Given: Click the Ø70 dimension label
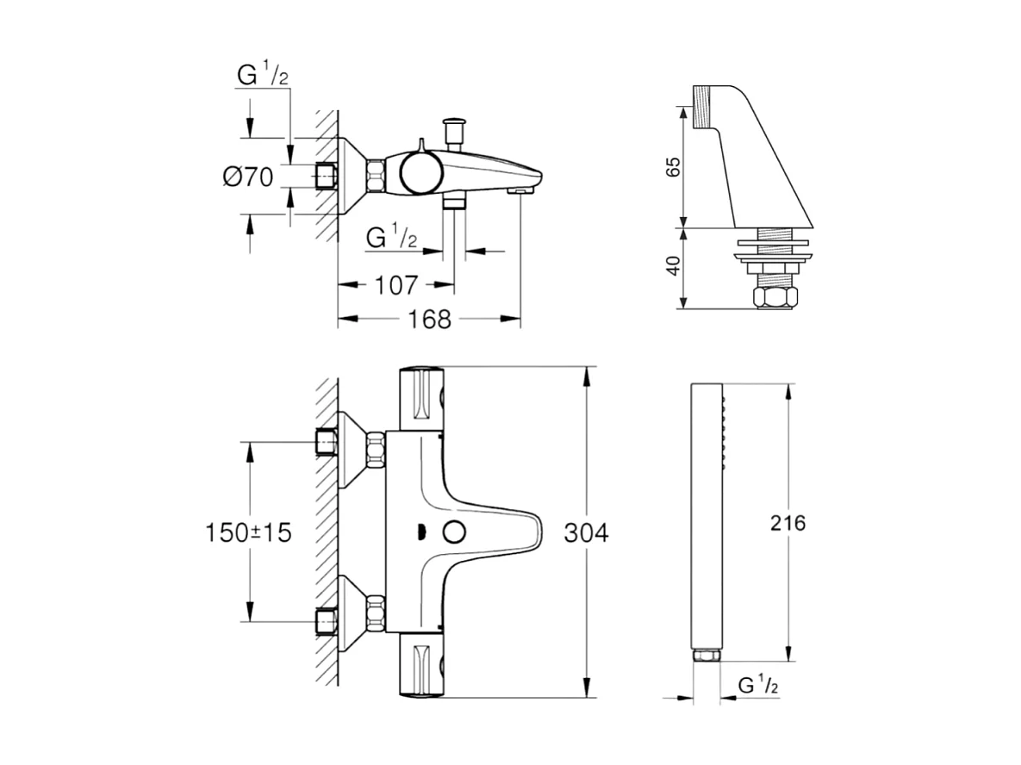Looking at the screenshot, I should click(x=248, y=177).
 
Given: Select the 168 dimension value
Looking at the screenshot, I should click(x=429, y=320).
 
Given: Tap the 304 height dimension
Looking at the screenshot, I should click(x=585, y=533).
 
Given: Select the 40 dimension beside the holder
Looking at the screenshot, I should click(x=675, y=265).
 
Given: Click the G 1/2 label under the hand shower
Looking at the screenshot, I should click(x=759, y=687).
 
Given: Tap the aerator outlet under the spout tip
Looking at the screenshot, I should click(x=522, y=190).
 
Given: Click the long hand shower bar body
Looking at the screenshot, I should click(x=707, y=517).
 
